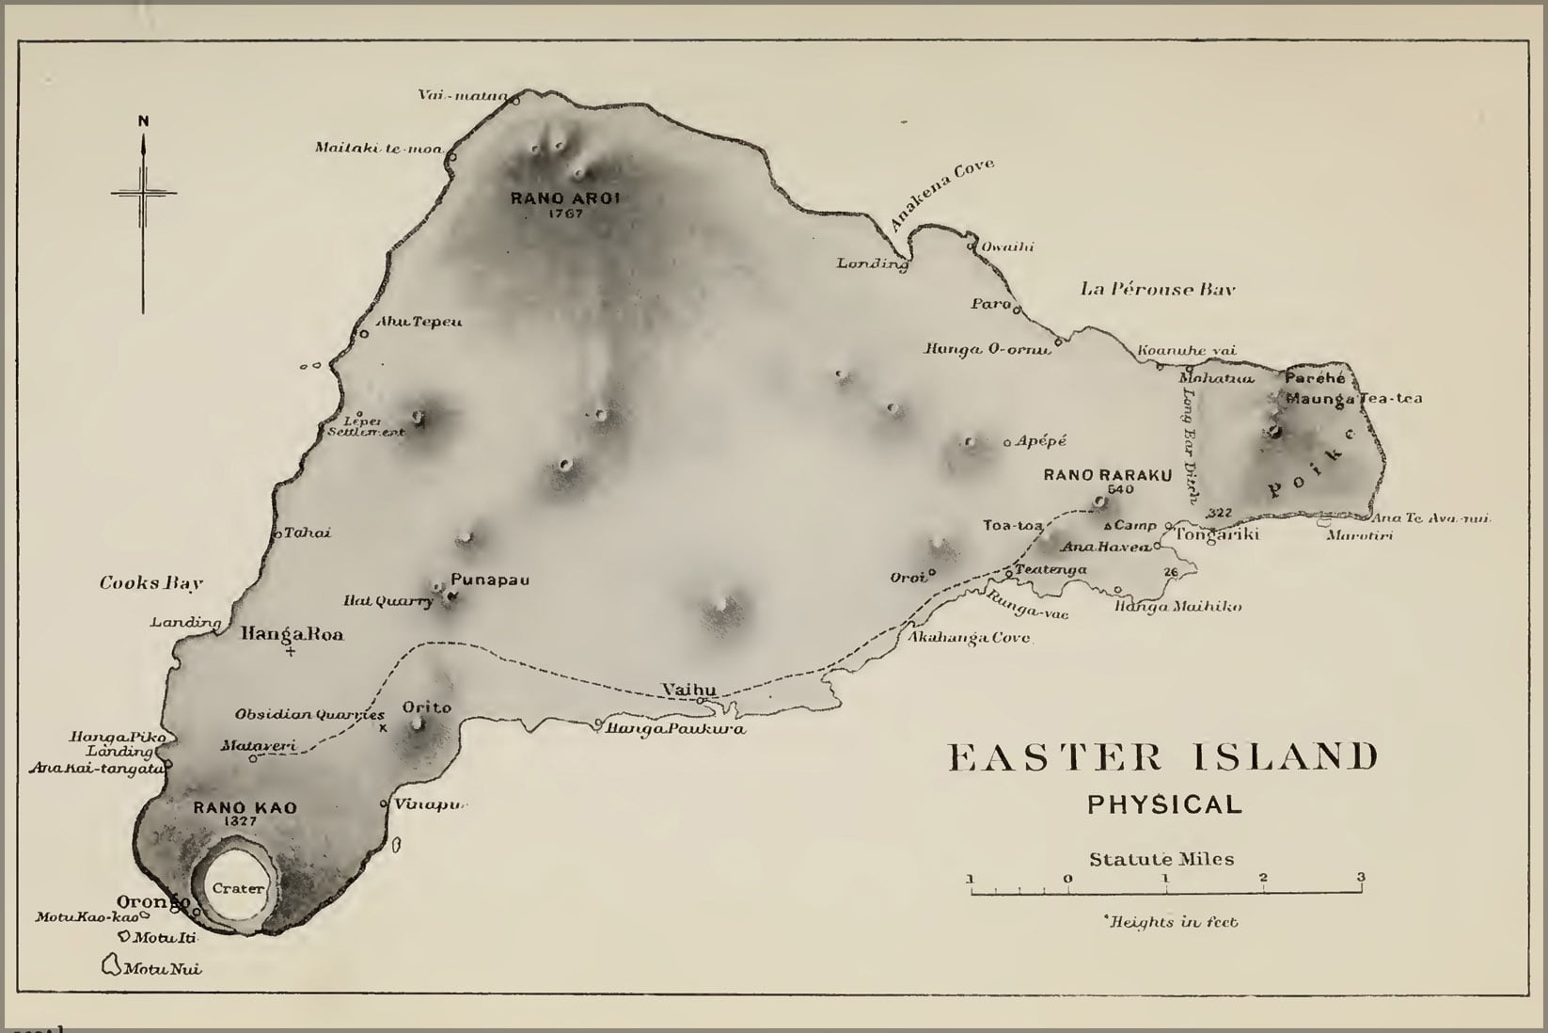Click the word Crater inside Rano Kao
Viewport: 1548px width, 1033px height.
coord(237,888)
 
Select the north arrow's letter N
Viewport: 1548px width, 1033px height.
coord(143,120)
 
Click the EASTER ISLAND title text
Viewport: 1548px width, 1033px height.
coord(1163,757)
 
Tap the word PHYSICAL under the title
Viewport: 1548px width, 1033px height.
coord(1164,804)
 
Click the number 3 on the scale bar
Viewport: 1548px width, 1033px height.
coord(1360,878)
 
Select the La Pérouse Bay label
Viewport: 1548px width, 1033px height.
coord(1158,290)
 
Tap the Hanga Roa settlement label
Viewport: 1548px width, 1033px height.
coord(292,634)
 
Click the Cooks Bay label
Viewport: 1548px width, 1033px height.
coord(151,583)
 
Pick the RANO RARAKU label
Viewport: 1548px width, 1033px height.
coord(1108,475)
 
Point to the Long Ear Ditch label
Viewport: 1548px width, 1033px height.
coord(1191,445)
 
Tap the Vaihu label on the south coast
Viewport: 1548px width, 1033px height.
coord(688,690)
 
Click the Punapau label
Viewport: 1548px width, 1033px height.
coord(490,580)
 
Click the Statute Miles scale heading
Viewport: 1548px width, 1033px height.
coord(1161,858)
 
